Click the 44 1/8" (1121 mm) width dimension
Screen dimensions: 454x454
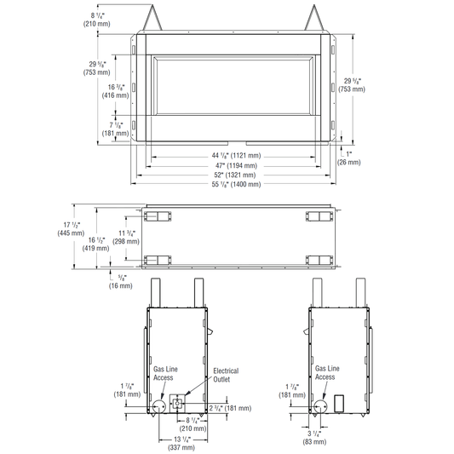[x=236, y=156]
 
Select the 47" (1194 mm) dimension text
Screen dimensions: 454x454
[x=236, y=165]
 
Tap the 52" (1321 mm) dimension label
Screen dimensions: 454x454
[x=236, y=175]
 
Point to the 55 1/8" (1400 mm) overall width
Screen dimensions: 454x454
[x=236, y=184]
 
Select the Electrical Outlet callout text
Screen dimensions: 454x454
[x=226, y=375]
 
